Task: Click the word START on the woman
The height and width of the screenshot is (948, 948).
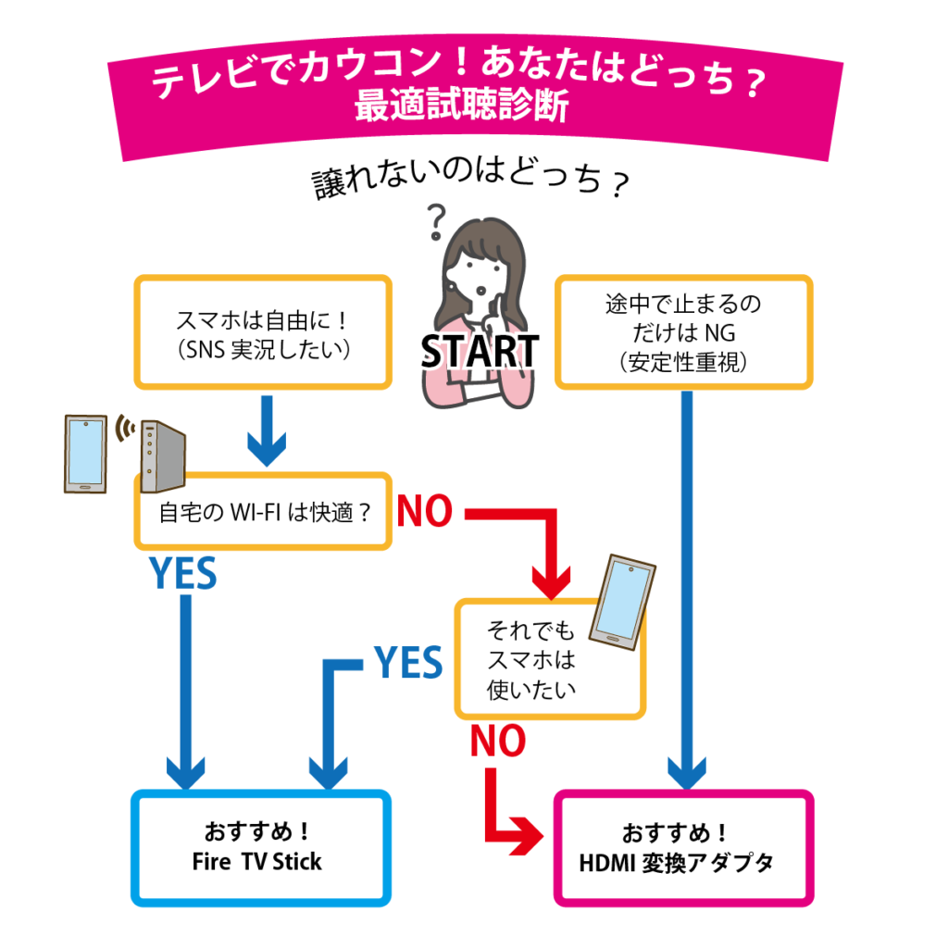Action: [480, 351]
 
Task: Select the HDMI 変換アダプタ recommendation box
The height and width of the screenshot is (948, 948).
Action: [683, 848]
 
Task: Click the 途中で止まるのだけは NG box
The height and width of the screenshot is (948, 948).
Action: [683, 331]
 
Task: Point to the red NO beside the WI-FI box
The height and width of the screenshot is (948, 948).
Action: [425, 512]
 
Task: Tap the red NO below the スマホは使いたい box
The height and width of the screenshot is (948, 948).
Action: [498, 741]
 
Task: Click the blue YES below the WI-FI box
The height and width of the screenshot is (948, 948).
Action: [183, 575]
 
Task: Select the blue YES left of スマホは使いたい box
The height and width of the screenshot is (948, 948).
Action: [407, 663]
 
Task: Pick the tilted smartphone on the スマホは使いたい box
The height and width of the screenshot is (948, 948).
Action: [622, 602]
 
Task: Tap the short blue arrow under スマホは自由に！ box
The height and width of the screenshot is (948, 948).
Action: [264, 430]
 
